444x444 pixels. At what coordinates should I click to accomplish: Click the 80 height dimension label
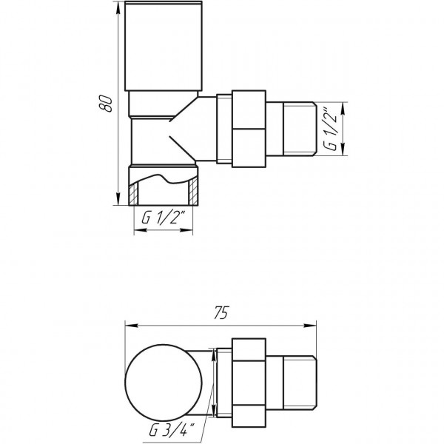click(107, 104)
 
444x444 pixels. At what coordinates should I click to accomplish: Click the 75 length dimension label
click(218, 313)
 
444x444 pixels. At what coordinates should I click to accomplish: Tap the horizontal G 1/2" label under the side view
click(163, 220)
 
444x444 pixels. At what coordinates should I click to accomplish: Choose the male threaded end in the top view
click(301, 380)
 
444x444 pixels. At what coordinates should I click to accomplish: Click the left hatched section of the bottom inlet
click(135, 194)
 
